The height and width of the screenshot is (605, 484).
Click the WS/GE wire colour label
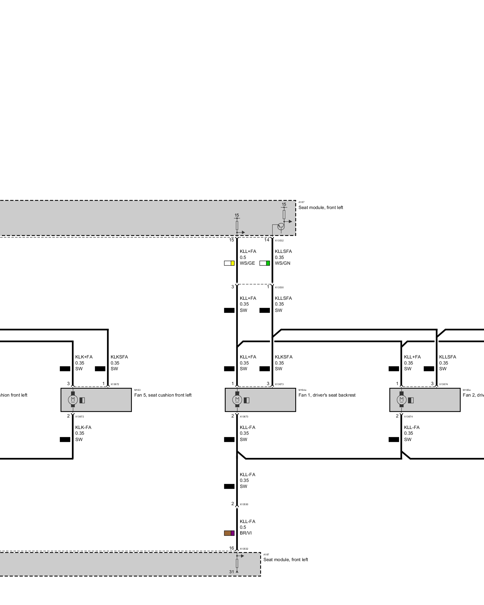click(x=247, y=263)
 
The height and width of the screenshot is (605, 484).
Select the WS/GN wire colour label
click(x=282, y=263)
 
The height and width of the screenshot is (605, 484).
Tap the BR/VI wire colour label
click(x=246, y=533)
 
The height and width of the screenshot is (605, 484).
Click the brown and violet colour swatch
click(x=229, y=533)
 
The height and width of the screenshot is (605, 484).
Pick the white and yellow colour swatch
click(x=229, y=263)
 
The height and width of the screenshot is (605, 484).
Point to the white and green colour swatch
click(x=265, y=263)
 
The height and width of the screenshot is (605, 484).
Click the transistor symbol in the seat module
click(x=281, y=226)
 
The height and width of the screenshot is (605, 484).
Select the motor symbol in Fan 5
click(x=73, y=400)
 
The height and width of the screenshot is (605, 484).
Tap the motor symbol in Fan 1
click(x=237, y=400)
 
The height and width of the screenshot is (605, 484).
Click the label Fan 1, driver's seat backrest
click(x=327, y=395)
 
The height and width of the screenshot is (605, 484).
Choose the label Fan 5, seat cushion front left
click(x=163, y=395)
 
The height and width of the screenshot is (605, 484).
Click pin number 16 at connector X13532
click(x=231, y=548)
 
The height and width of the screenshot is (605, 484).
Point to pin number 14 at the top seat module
click(x=267, y=240)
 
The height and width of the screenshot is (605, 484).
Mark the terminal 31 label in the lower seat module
click(x=231, y=572)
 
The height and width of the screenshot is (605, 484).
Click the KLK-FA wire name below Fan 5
click(x=83, y=427)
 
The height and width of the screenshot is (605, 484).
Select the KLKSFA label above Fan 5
click(x=119, y=357)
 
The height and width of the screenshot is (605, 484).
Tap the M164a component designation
click(x=302, y=390)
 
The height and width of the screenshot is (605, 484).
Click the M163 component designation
click(x=137, y=390)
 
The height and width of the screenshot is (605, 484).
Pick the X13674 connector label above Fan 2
click(x=443, y=384)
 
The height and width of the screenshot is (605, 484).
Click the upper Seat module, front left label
click(x=321, y=208)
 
